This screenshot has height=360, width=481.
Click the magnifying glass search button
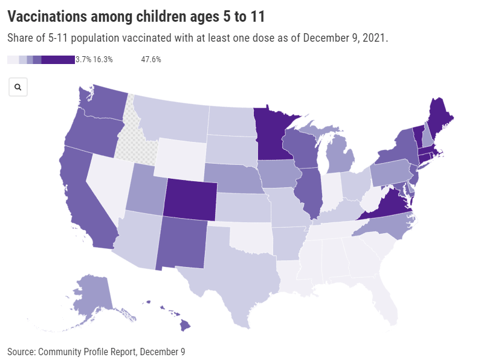pos(18,87)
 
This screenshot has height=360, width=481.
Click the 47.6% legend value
pos(150,60)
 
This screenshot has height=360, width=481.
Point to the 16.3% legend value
pos(103,60)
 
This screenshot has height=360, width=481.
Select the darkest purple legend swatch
pos(58,60)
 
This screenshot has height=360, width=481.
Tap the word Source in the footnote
pos(20,351)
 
